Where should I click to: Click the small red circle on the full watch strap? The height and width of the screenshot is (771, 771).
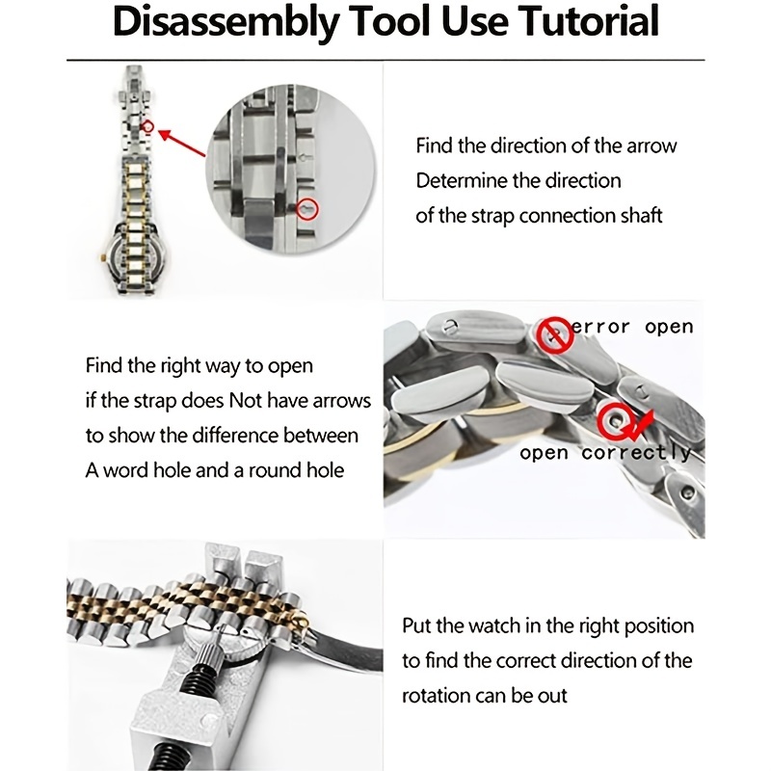147,125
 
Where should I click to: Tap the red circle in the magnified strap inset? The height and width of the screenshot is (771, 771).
306,206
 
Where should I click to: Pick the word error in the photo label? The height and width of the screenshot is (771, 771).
601,327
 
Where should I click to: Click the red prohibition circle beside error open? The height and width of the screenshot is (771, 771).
553,333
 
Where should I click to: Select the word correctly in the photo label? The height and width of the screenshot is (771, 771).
636,452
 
